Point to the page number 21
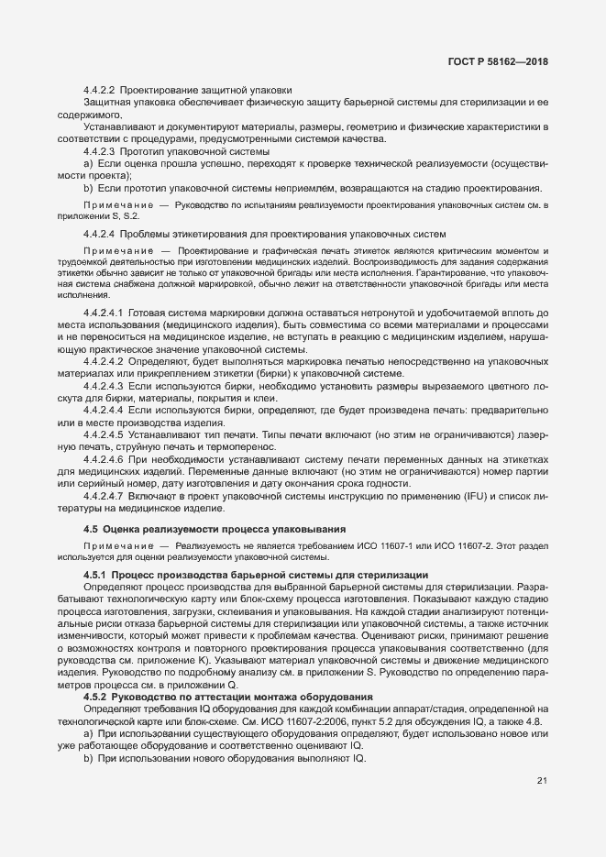[x=541, y=782]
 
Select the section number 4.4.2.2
[x=98, y=91]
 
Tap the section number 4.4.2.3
[x=98, y=150]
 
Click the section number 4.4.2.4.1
[x=103, y=314]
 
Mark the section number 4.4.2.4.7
[x=103, y=495]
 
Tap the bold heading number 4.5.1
[x=95, y=574]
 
